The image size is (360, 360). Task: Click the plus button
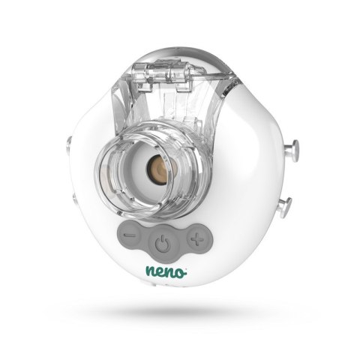pyautogui.click(x=197, y=239)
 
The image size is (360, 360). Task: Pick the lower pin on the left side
pyautogui.click(x=74, y=196)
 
